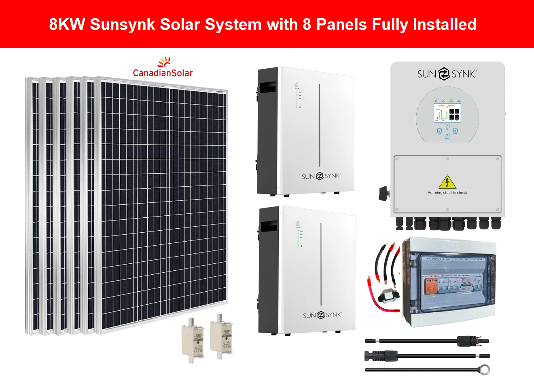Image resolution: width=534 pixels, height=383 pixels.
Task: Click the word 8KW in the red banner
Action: tap(67, 25)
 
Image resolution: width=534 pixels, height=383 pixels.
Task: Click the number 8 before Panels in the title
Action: tap(307, 25)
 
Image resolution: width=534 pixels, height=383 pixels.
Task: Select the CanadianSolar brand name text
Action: tap(163, 73)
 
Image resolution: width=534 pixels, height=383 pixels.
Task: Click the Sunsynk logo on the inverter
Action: tap(447, 74)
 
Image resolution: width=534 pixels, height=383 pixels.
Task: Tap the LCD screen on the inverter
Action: tap(447, 112)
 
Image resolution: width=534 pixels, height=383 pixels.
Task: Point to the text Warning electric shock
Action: tap(447, 193)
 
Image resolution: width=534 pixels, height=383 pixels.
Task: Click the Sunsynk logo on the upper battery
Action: tap(321, 176)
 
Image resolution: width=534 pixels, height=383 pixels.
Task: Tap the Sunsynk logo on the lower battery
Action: tap(322, 315)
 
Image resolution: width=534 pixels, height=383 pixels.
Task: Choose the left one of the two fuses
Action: tap(193, 338)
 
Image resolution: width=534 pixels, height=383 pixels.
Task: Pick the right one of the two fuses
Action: tap(221, 334)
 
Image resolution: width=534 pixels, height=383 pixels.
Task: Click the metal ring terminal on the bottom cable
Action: tap(484, 369)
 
